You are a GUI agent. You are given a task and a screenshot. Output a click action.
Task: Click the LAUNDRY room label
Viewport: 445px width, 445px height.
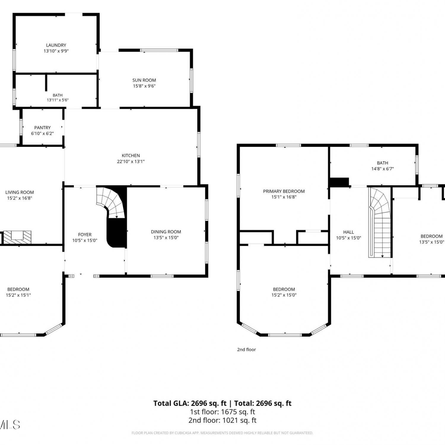click(56, 45)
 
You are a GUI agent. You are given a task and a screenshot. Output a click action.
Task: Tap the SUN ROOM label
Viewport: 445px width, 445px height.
click(144, 80)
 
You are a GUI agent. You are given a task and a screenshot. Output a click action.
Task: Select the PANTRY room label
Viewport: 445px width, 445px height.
click(42, 128)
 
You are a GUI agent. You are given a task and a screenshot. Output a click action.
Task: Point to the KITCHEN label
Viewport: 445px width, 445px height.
click(131, 155)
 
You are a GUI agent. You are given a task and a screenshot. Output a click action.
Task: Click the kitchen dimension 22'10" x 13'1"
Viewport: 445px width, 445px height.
click(131, 161)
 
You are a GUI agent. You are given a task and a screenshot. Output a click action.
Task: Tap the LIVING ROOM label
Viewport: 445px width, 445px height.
click(20, 192)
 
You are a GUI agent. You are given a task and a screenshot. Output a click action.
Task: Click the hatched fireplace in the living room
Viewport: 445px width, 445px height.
click(17, 237)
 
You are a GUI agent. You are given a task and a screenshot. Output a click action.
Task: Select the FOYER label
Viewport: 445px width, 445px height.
click(85, 235)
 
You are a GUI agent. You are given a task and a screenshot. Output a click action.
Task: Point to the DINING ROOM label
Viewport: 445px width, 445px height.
click(166, 232)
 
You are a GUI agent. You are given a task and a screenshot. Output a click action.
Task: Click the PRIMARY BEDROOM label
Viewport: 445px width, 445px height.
click(284, 191)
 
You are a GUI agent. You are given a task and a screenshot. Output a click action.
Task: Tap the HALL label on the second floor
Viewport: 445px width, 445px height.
click(349, 232)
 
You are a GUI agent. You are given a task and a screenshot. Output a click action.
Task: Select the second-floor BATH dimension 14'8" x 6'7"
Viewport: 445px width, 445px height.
click(383, 169)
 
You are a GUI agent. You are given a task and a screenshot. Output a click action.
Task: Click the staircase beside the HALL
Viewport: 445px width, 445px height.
click(379, 223)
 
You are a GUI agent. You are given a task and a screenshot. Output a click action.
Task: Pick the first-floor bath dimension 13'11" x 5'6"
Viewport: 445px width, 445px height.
click(58, 100)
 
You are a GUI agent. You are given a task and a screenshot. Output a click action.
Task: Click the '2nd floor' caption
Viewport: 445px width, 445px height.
click(247, 349)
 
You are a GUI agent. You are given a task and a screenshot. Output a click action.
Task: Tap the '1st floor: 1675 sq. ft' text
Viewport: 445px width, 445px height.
click(223, 412)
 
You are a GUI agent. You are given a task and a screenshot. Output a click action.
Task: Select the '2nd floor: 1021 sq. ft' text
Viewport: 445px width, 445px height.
click(223, 420)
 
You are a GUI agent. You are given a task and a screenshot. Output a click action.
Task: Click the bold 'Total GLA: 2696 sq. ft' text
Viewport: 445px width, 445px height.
click(190, 403)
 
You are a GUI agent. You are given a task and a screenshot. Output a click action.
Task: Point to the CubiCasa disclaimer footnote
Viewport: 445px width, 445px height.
click(223, 433)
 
